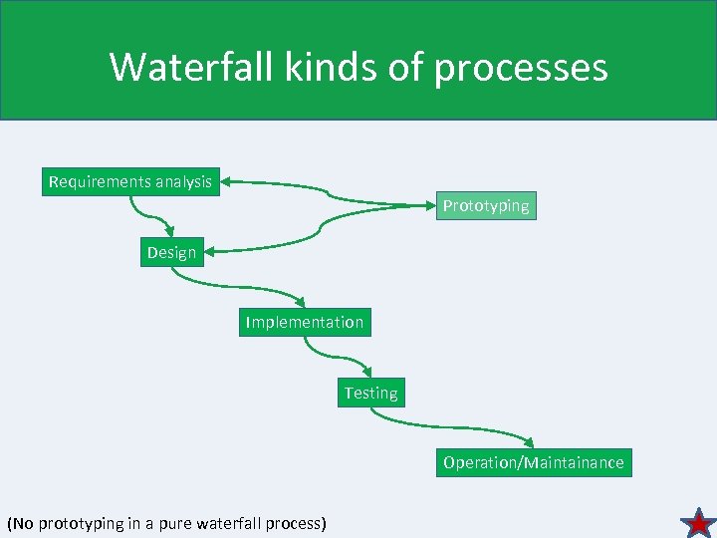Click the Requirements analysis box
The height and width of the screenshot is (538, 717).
pos(130,181)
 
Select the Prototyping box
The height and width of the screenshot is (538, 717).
pos(486,205)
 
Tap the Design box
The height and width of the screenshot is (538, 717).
pos(171,252)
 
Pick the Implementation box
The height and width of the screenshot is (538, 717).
pos(305,322)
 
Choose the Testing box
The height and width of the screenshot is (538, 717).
pos(370,393)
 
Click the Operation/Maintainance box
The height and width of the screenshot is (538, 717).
pos(534,462)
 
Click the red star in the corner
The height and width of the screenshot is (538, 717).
pos(698,522)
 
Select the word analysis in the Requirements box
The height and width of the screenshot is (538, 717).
pos(183,181)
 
